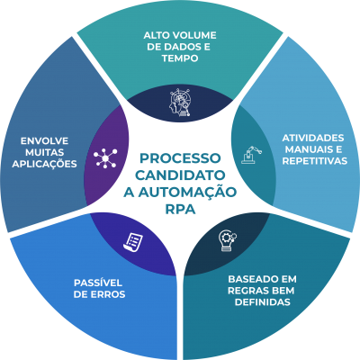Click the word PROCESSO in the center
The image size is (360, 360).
(180, 158)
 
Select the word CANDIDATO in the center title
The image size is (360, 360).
(180, 175)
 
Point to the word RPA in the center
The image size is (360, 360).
(180, 210)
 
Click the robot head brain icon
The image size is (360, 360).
(179, 102)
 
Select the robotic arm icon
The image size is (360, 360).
(251, 155)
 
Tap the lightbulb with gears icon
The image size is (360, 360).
(228, 240)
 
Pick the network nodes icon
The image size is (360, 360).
(105, 158)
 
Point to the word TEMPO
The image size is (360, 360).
(180, 58)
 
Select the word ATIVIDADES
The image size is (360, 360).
(313, 138)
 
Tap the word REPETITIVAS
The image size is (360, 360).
(315, 161)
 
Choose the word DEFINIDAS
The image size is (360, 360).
(263, 301)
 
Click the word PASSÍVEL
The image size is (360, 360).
(98, 283)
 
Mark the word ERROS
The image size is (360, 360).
(108, 294)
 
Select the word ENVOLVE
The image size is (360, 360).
(44, 141)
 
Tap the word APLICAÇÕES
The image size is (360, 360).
(44, 164)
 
